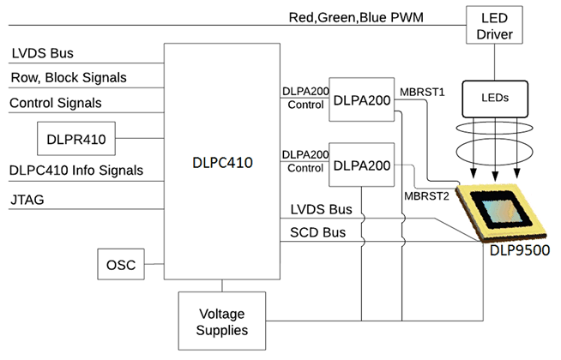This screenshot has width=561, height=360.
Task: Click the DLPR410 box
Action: click(x=77, y=137)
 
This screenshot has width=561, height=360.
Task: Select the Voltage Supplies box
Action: click(x=222, y=321)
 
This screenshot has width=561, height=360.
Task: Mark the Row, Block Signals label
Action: click(x=69, y=78)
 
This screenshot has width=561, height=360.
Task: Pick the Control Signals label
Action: click(x=56, y=103)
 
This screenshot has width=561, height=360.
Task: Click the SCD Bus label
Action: click(x=311, y=232)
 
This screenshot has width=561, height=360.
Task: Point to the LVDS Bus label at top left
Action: click(x=43, y=53)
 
